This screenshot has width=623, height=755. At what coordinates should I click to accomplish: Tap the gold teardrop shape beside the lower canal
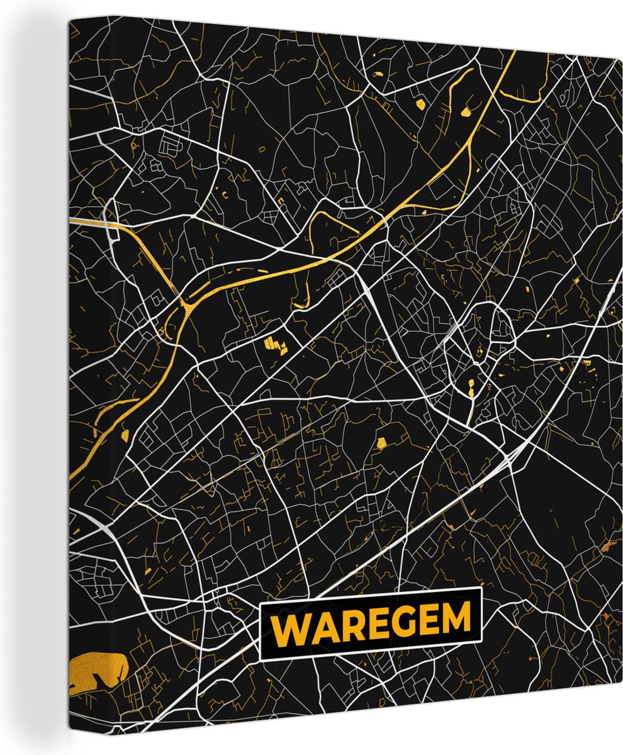tap(124, 434)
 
